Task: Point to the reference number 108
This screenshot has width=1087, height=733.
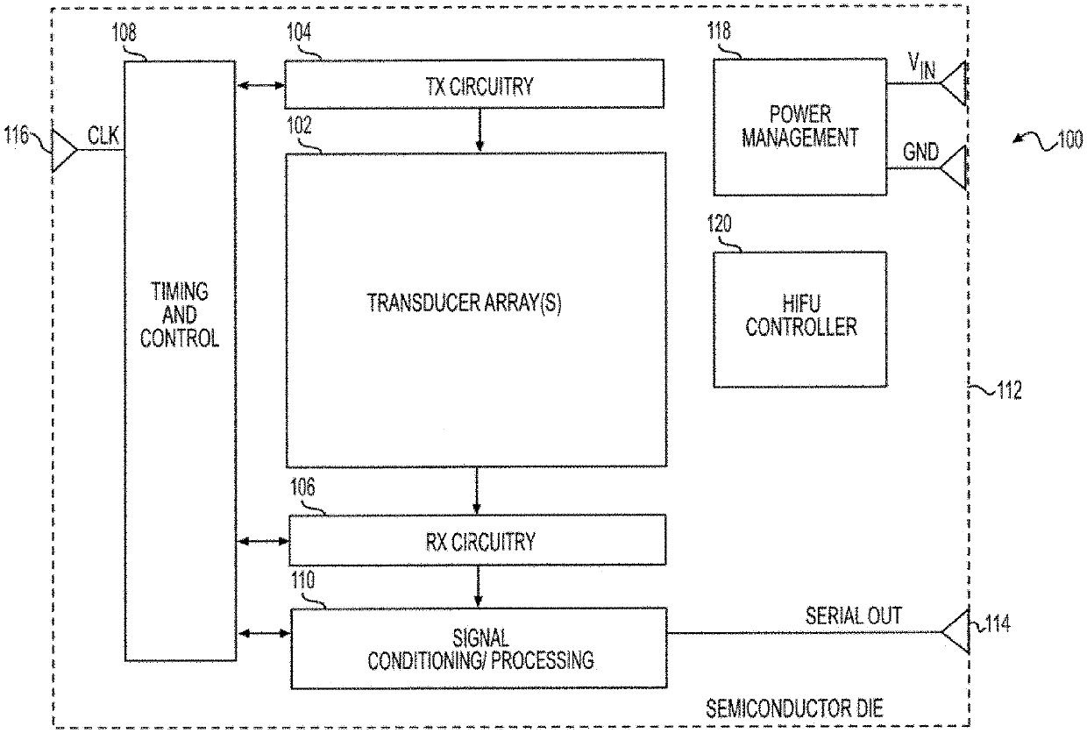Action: (x=124, y=32)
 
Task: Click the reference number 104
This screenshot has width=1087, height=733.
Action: (x=298, y=32)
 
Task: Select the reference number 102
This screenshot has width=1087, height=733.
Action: (x=299, y=125)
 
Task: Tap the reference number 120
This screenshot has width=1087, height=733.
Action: (x=719, y=224)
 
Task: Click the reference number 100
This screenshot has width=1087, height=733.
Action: (x=1069, y=139)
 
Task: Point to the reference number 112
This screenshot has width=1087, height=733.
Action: (x=1009, y=390)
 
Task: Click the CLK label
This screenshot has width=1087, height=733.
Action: (x=103, y=135)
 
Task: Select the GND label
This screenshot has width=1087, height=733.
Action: (x=920, y=152)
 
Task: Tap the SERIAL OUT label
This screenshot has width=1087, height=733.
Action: (x=854, y=616)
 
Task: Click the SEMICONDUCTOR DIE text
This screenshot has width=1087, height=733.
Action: (x=794, y=708)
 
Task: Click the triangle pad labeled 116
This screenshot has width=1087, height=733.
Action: (x=64, y=151)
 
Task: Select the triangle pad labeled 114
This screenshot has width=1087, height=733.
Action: (x=955, y=631)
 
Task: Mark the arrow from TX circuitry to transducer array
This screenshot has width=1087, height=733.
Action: (x=480, y=130)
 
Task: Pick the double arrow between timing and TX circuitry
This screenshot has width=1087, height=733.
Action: (x=261, y=86)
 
